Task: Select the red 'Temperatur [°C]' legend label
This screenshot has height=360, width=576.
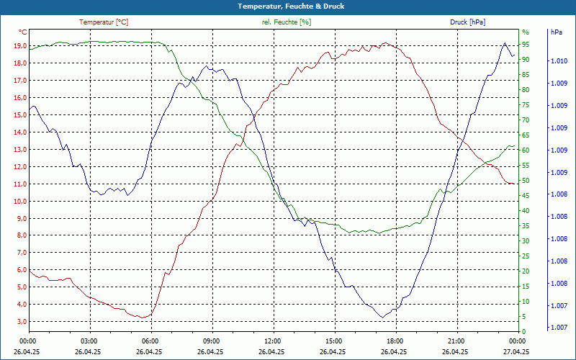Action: tap(104, 22)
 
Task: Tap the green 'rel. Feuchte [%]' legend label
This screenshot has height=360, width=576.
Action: tap(287, 22)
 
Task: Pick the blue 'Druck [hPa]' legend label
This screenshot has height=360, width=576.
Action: tap(468, 22)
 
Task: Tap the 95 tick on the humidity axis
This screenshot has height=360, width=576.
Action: tap(526, 45)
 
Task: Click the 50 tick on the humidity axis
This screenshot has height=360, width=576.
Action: tap(526, 181)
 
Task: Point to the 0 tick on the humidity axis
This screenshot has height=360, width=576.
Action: tap(524, 332)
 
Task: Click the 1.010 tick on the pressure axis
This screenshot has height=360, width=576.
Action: tap(559, 61)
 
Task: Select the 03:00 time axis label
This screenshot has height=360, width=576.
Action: tap(89, 341)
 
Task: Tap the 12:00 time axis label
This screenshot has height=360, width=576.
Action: tap(273, 341)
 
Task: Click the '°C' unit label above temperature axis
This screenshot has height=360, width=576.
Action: tap(23, 32)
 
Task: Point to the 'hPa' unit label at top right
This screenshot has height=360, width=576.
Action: tap(556, 32)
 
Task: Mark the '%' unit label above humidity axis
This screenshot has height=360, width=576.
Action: tap(525, 32)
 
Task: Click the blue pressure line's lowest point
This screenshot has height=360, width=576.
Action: tap(383, 318)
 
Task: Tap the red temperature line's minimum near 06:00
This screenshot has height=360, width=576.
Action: tap(144, 318)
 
